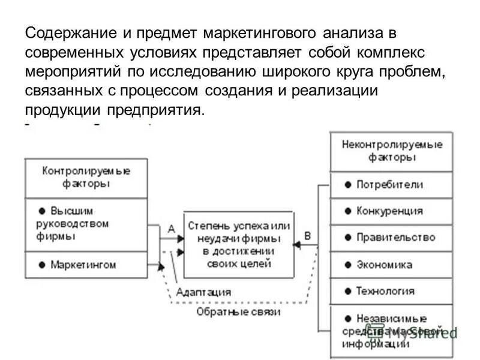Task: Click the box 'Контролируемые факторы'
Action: pyautogui.click(x=86, y=178)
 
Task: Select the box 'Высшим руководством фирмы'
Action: pyautogui.click(x=86, y=224)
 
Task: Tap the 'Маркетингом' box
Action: pyautogui.click(x=86, y=264)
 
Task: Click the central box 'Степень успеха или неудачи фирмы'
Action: pyautogui.click(x=238, y=244)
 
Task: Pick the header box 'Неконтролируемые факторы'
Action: pyautogui.click(x=391, y=151)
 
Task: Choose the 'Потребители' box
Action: pyautogui.click(x=391, y=185)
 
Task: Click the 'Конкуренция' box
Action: pyautogui.click(x=391, y=211)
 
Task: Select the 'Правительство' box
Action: pyautogui.click(x=391, y=238)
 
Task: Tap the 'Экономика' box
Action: pyautogui.click(x=391, y=265)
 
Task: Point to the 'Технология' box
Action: pyautogui.click(x=391, y=291)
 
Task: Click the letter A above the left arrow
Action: pyautogui.click(x=171, y=229)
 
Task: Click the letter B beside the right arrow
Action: pyautogui.click(x=308, y=236)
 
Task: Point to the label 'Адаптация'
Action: pyautogui.click(x=203, y=292)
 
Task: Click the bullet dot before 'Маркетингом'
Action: pyautogui.click(x=41, y=265)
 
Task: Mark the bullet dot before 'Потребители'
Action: pyautogui.click(x=348, y=185)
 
